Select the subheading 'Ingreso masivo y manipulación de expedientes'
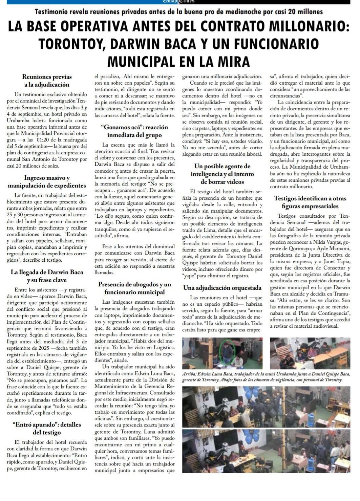point(47,181)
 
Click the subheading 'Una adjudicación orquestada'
point(222,288)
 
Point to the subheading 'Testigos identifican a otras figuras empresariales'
point(310,202)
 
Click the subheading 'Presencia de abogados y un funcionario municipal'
point(134,288)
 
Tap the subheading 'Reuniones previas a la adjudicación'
point(47,81)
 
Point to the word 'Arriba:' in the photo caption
point(189,374)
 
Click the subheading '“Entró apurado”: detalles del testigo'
point(47,428)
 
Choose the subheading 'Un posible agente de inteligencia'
point(222,174)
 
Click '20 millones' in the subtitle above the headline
point(305,12)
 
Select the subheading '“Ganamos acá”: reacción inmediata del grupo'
point(134,131)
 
